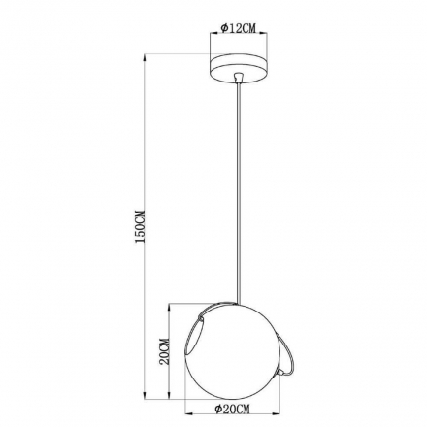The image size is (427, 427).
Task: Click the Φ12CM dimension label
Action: click(239, 28)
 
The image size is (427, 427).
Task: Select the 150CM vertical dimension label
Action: click(141, 227)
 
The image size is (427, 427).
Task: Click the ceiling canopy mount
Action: click(239, 69)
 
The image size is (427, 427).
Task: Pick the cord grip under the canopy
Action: click(239, 78)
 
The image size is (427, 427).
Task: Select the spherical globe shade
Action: click(232, 351)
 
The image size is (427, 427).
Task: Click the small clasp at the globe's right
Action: click(283, 373)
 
